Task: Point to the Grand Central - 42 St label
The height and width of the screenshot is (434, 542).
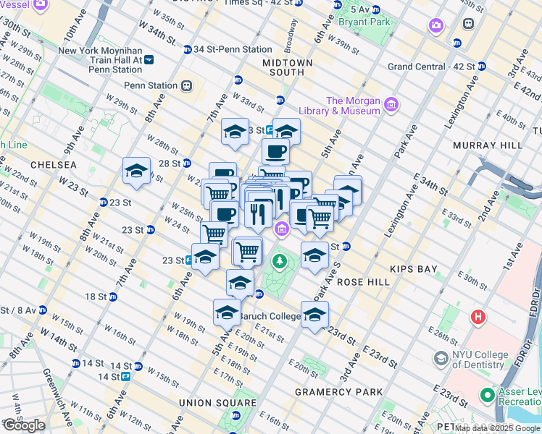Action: [430, 67]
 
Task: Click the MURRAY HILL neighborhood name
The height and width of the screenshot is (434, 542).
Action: [488, 145]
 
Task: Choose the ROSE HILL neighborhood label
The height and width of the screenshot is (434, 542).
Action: [354, 282]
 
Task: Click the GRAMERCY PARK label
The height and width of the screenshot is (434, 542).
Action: [338, 392]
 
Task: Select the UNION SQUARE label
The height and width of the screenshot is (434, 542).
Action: [219, 403]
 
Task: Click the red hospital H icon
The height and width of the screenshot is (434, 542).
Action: [478, 317]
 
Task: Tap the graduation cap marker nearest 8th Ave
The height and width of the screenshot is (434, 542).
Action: [136, 171]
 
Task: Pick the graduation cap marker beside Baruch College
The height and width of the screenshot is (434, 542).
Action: [314, 315]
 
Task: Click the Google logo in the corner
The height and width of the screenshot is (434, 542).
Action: [24, 425]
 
